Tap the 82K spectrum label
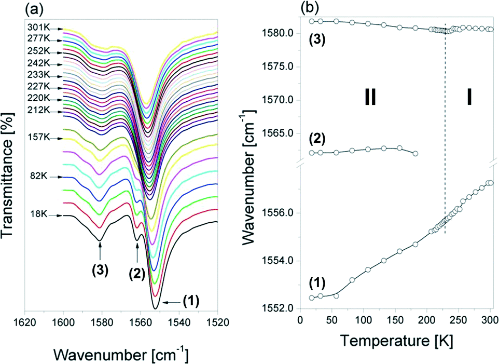(x=38, y=177)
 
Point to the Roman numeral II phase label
(x=369, y=97)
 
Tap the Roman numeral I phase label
(x=469, y=97)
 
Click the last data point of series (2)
(x=415, y=154)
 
